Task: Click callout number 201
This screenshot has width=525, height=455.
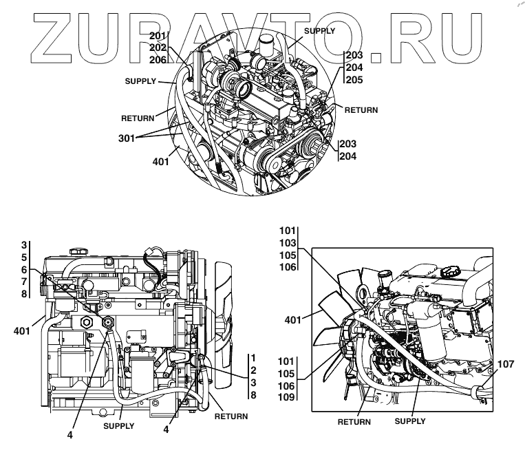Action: pyautogui.click(x=158, y=35)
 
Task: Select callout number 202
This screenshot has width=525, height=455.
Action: pyautogui.click(x=158, y=47)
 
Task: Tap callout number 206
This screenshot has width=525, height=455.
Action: pyautogui.click(x=158, y=59)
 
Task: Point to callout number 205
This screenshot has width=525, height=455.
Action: pyautogui.click(x=354, y=79)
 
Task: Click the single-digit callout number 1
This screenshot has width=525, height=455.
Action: pyautogui.click(x=253, y=357)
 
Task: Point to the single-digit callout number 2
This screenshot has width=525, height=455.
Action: pyautogui.click(x=253, y=370)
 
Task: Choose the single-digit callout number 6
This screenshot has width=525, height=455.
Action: pyautogui.click(x=23, y=269)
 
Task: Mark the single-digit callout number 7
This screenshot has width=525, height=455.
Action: pyautogui.click(x=23, y=281)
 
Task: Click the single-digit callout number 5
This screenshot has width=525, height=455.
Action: pyautogui.click(x=23, y=257)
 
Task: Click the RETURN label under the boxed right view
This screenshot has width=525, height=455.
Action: pyautogui.click(x=354, y=421)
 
